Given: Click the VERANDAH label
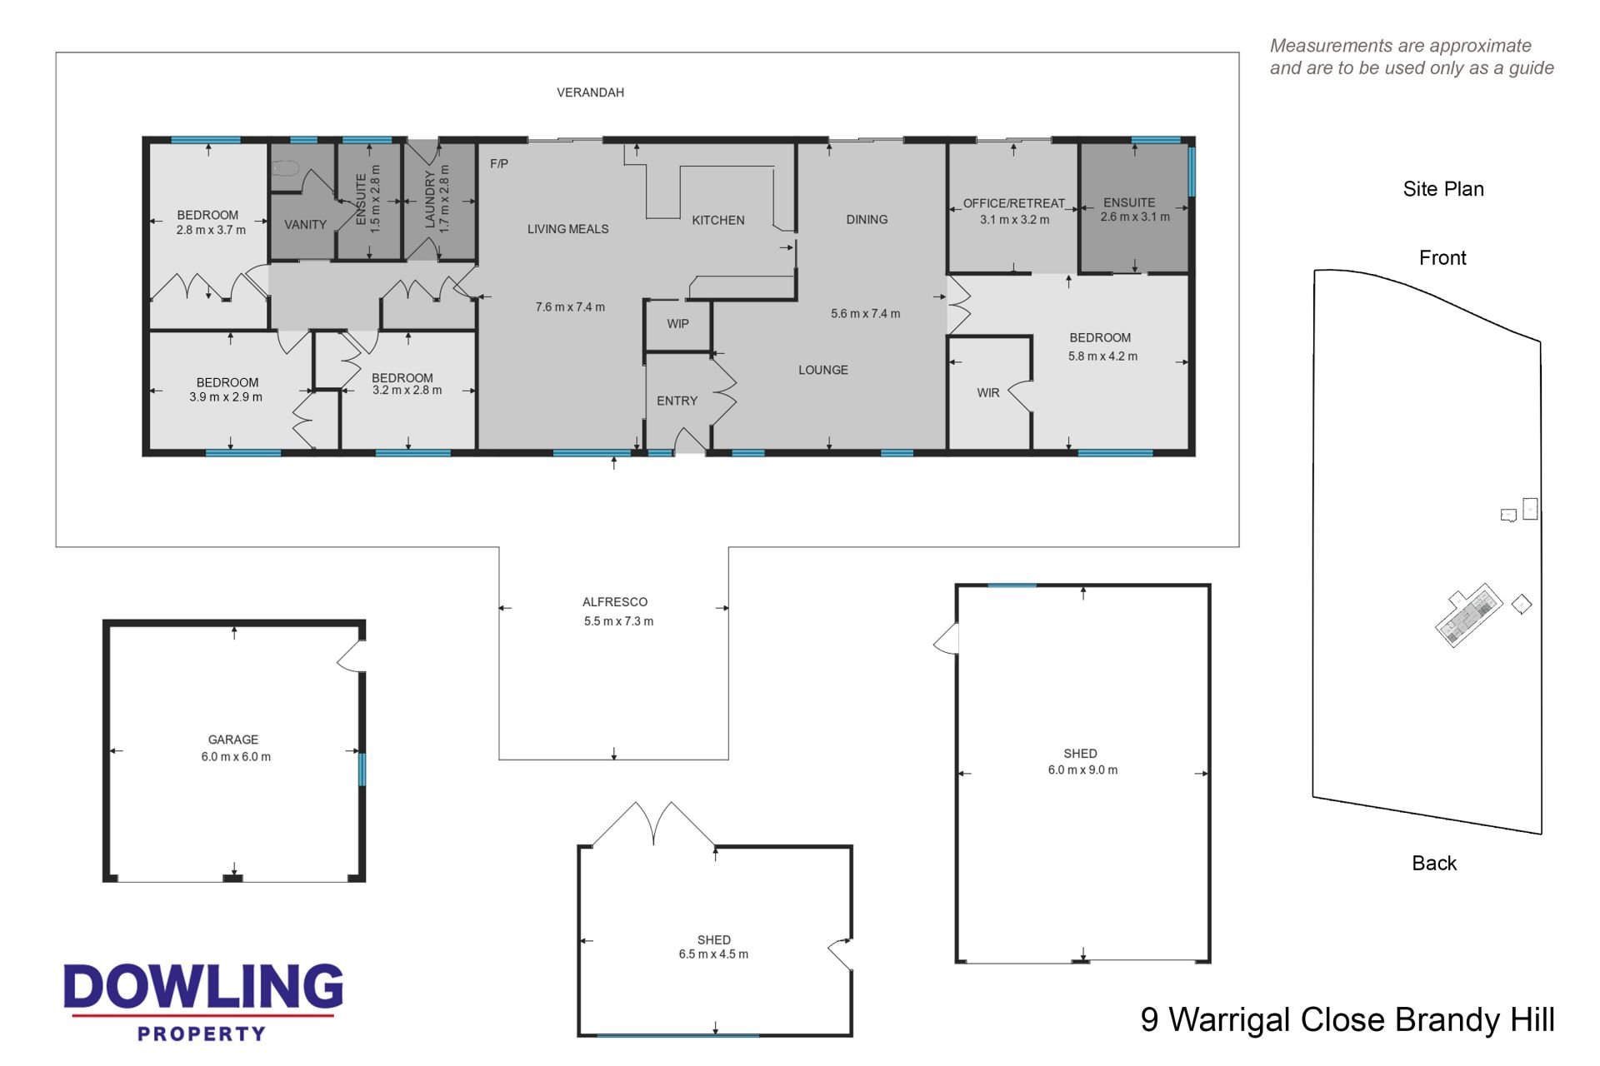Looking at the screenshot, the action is pyautogui.click(x=590, y=92).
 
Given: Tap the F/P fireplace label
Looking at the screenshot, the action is pyautogui.click(x=499, y=164).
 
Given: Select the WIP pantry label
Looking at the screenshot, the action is pyautogui.click(x=677, y=324).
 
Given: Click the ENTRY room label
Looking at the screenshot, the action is pyautogui.click(x=677, y=401).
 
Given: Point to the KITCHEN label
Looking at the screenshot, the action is pyautogui.click(x=718, y=221).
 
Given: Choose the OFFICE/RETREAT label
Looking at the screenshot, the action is pyautogui.click(x=1014, y=203).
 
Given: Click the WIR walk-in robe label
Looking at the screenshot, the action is pyautogui.click(x=988, y=393).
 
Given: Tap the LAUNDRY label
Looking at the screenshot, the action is pyautogui.click(x=430, y=200).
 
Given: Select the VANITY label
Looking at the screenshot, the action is pyautogui.click(x=305, y=225).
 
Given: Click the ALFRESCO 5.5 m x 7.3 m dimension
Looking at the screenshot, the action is pyautogui.click(x=618, y=621).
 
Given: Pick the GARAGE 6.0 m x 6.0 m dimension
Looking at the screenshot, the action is pyautogui.click(x=236, y=757).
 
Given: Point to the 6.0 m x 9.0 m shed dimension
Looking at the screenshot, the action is pyautogui.click(x=1082, y=770).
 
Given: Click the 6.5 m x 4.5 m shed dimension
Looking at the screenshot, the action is pyautogui.click(x=713, y=954).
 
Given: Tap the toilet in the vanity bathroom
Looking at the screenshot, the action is pyautogui.click(x=285, y=168).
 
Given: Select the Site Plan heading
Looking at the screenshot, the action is pyautogui.click(x=1443, y=190).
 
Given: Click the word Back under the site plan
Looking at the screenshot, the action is pyautogui.click(x=1434, y=864).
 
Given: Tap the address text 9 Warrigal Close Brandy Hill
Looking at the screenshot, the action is pyautogui.click(x=1347, y=1020).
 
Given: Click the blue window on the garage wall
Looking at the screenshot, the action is pyautogui.click(x=362, y=770).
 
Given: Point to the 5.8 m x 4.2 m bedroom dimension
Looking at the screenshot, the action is pyautogui.click(x=1102, y=356).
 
